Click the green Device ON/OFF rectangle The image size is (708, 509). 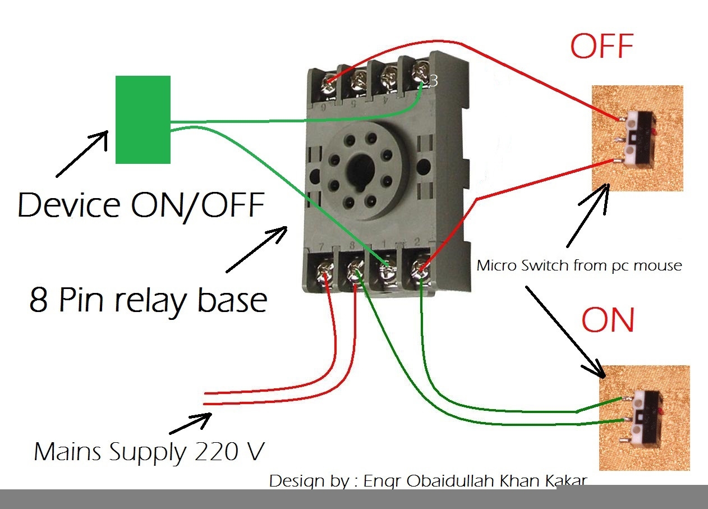pyautogui.click(x=143, y=120)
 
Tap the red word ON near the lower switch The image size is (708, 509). pyautogui.click(x=608, y=320)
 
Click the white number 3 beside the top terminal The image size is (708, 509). pyautogui.click(x=433, y=81)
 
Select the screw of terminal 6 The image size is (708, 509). pyautogui.click(x=329, y=84)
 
